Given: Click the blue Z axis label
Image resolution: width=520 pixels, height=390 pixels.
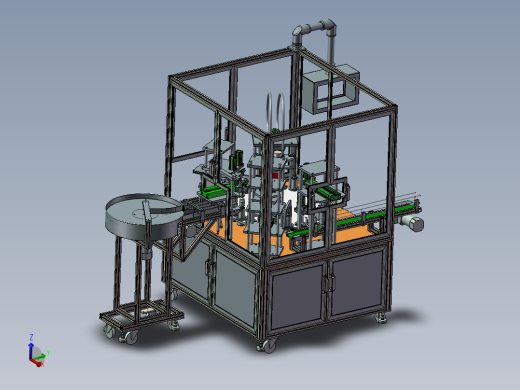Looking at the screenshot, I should (32, 338).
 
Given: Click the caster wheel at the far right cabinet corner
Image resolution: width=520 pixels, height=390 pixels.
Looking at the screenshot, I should (380, 318).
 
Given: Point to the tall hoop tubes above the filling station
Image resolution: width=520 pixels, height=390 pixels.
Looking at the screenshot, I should (277, 110).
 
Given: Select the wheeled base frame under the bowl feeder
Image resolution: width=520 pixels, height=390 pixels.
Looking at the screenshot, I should (140, 320).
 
